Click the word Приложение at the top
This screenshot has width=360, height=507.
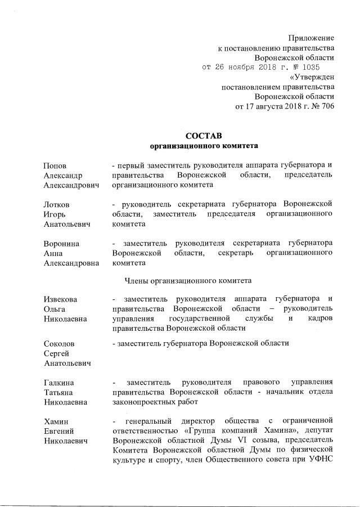click(x=311, y=38)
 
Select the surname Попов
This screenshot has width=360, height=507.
click(x=55, y=165)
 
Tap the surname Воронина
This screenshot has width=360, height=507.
click(x=61, y=243)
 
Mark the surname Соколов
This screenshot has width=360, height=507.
click(x=59, y=343)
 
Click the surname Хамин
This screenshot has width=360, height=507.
click(x=56, y=421)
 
